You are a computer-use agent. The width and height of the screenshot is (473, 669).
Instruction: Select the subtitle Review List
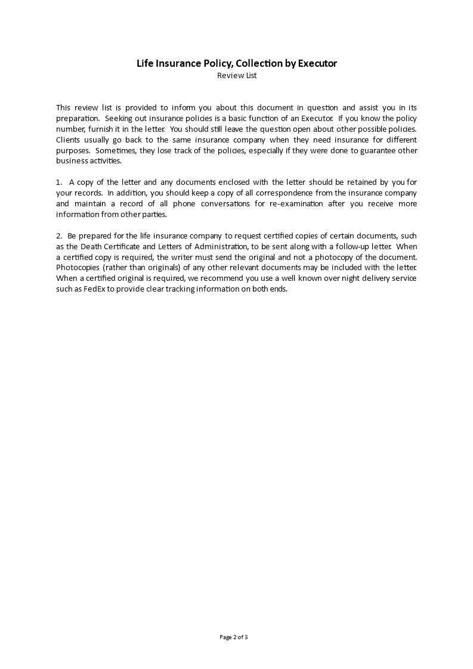pos(237,76)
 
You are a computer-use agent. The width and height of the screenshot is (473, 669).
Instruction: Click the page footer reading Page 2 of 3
pos(234,637)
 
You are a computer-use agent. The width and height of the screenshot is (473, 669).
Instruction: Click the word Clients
pos(68,140)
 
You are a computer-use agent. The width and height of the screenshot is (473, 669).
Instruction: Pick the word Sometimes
pos(113,150)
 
